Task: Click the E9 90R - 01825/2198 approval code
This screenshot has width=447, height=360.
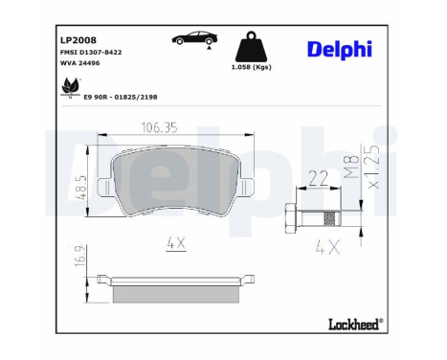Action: [120, 97]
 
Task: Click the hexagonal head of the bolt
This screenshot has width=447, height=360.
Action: [293, 217]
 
